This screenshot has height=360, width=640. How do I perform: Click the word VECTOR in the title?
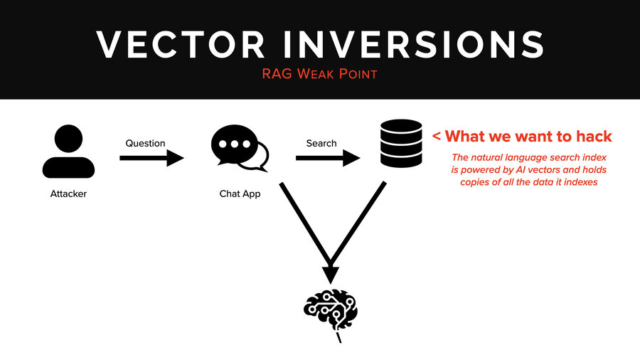[x=181, y=44]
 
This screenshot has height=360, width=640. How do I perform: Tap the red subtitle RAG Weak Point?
[x=319, y=74]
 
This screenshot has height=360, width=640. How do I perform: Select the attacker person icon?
[x=68, y=152]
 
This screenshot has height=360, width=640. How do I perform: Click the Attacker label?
[x=68, y=194]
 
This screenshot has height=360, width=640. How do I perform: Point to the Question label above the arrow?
[x=145, y=143]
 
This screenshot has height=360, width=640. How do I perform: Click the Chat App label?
[x=239, y=194]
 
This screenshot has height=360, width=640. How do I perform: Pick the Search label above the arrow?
[x=321, y=143]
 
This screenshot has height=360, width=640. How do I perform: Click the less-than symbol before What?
[x=437, y=136]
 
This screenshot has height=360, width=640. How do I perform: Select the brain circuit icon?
[x=331, y=312]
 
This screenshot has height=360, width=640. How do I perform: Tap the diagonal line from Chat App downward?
[x=303, y=221]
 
